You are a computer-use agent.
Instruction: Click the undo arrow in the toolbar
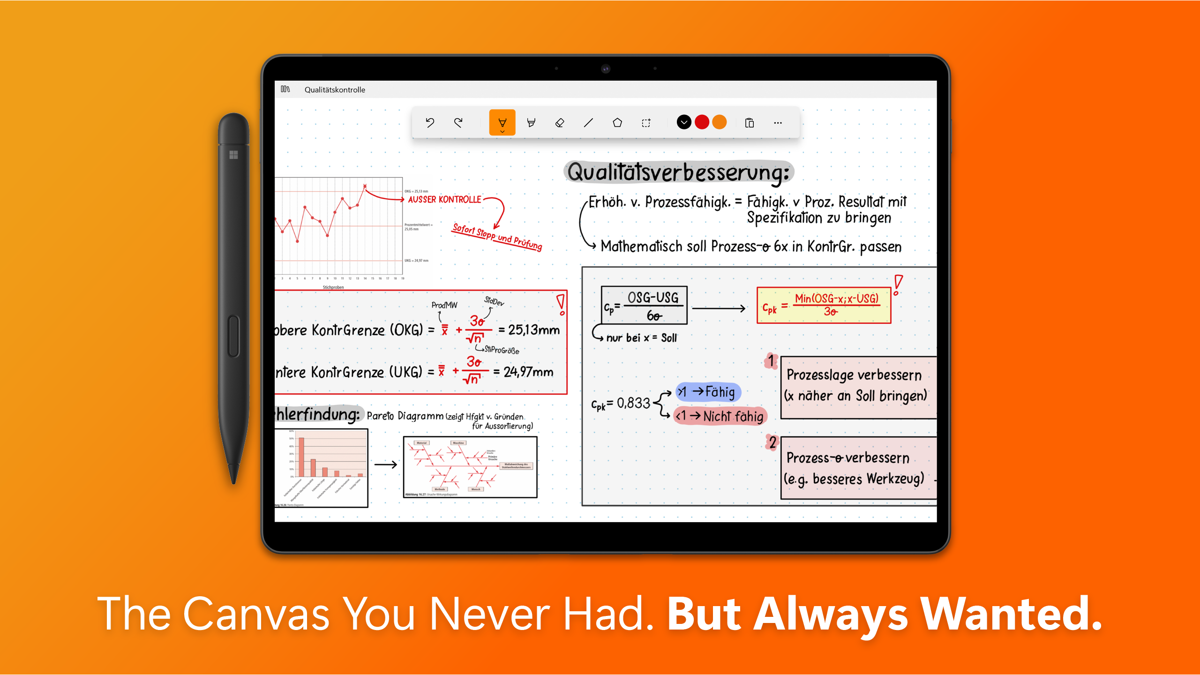pos(430,123)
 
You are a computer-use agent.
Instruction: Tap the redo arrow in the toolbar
pos(458,123)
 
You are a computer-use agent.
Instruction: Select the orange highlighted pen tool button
pos(502,123)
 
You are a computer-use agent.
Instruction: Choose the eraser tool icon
pos(560,123)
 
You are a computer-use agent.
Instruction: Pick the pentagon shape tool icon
pos(617,123)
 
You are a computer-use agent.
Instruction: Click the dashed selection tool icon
pos(646,123)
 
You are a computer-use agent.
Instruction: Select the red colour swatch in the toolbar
pos(702,122)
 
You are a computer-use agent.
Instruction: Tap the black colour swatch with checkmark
pos(684,122)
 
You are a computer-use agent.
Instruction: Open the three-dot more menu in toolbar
pos(778,123)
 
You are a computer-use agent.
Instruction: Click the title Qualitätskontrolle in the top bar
pos(335,90)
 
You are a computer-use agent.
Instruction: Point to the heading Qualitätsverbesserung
pos(678,172)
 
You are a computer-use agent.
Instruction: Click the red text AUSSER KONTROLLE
pos(444,200)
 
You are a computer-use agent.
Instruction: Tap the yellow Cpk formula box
pos(824,306)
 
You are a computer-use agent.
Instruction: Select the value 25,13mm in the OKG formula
pos(534,330)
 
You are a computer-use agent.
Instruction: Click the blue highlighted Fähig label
pos(709,392)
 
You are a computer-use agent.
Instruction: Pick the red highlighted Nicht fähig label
pos(720,416)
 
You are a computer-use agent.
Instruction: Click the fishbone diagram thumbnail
pos(470,467)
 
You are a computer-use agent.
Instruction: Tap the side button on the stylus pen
pos(233,336)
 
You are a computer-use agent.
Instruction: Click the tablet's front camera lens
pos(606,69)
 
